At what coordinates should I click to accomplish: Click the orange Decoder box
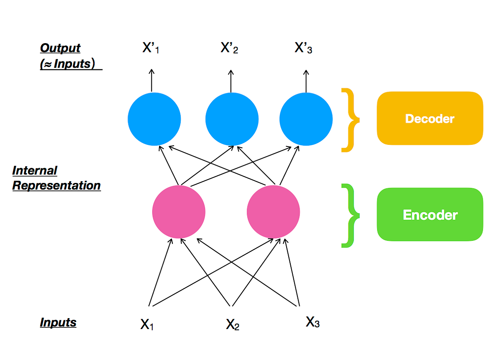coord(430,118)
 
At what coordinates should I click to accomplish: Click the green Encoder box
coord(430,214)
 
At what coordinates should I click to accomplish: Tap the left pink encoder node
coord(179,212)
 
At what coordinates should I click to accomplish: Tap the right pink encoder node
coord(273,212)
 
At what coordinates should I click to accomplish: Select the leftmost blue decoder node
coord(154,119)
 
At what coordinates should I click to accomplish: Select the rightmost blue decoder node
coord(306,119)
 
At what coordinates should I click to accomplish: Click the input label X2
coord(233,324)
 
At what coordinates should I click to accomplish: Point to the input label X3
coord(312,322)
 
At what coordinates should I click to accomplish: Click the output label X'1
coord(151,49)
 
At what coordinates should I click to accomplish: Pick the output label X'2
coord(230,49)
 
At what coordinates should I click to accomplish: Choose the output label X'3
coord(304,49)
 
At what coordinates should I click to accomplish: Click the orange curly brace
coord(350,120)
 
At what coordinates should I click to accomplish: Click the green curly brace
coord(350,215)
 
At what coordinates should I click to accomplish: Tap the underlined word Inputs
coord(58,322)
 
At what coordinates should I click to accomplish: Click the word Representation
coord(56,185)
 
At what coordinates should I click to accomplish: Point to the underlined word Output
coord(60,48)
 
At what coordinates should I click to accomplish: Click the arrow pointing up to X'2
coord(231,80)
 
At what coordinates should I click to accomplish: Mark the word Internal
coord(35,171)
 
